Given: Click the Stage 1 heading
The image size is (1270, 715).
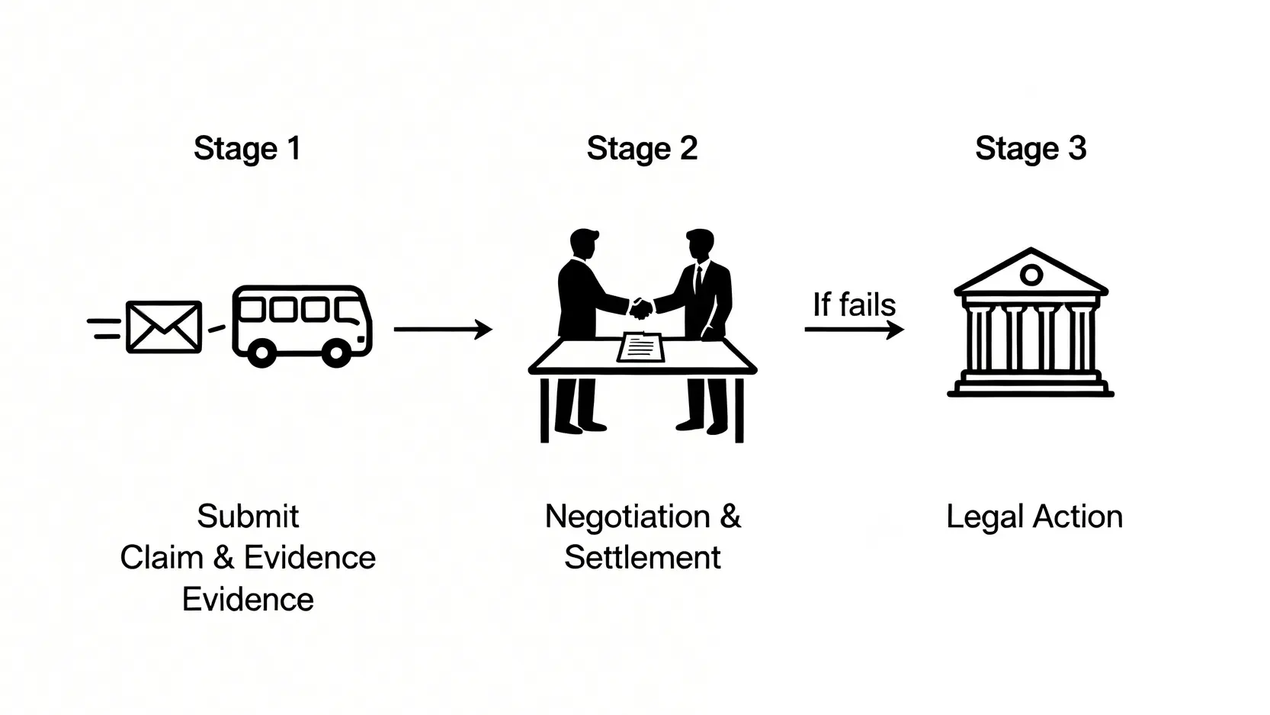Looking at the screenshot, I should pyautogui.click(x=247, y=148).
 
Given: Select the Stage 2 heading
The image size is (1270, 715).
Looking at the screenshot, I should pyautogui.click(x=642, y=148).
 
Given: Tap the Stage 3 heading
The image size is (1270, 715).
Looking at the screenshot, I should pyautogui.click(x=1031, y=148).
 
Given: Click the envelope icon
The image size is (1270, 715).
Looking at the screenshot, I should pyautogui.click(x=164, y=327).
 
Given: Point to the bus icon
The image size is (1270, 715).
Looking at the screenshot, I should pyautogui.click(x=302, y=324).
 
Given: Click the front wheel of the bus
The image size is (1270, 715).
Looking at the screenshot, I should pyautogui.click(x=336, y=354).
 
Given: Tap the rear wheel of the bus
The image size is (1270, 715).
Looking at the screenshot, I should pyautogui.click(x=261, y=354).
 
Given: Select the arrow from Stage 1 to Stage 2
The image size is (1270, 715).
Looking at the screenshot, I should pyautogui.click(x=443, y=329).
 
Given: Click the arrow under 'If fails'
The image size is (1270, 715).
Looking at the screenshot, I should pyautogui.click(x=854, y=330).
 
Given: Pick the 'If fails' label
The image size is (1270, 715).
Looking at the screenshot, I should pyautogui.click(x=854, y=304).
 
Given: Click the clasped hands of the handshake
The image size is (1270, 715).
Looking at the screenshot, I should pyautogui.click(x=641, y=308).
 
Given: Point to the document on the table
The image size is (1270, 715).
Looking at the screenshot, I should pyautogui.click(x=640, y=347).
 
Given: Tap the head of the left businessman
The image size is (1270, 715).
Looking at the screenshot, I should pyautogui.click(x=585, y=244).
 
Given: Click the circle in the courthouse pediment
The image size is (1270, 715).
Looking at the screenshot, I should pyautogui.click(x=1031, y=275).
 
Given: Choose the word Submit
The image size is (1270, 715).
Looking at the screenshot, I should pyautogui.click(x=248, y=517).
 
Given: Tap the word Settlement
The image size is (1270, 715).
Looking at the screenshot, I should pyautogui.click(x=642, y=558).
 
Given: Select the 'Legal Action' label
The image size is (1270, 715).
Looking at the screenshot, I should pyautogui.click(x=1034, y=517).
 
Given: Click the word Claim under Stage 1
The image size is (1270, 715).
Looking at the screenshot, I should pyautogui.click(x=162, y=558).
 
